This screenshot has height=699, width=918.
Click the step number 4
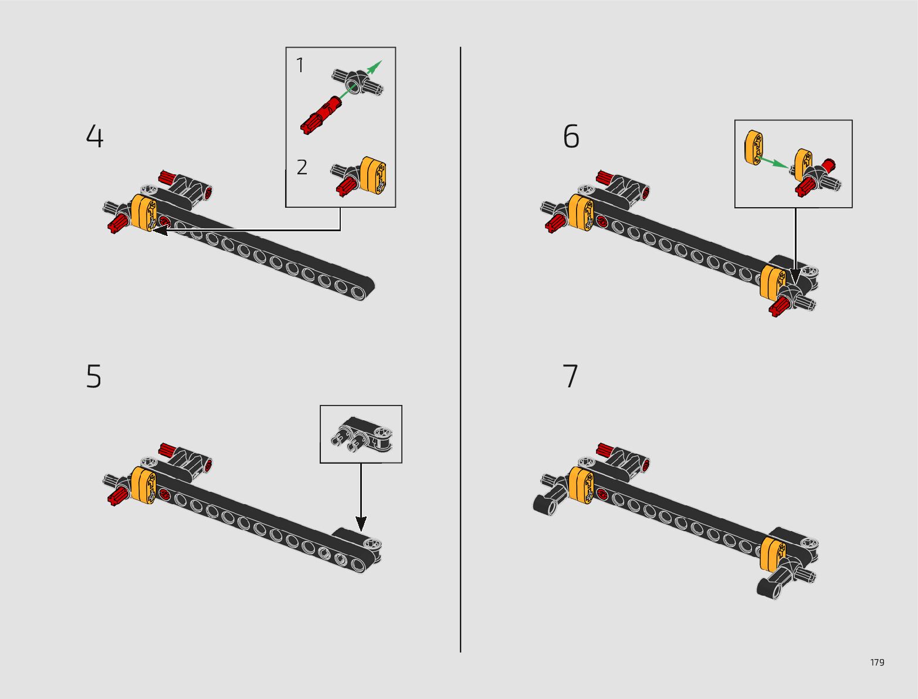[x=94, y=136]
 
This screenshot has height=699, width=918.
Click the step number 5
[x=94, y=376]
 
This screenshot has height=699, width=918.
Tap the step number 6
[x=571, y=136]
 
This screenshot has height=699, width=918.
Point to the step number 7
[x=570, y=376]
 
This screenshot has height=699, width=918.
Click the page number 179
[x=877, y=662]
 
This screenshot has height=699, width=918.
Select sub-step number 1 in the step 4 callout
[x=300, y=65]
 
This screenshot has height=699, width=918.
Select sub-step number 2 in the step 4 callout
[x=302, y=167]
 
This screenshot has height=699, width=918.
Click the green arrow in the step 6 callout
[x=774, y=163]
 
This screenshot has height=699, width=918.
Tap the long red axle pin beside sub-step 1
[x=321, y=114]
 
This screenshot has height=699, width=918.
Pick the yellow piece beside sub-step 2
[x=373, y=175]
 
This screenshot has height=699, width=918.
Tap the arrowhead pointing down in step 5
[x=361, y=524]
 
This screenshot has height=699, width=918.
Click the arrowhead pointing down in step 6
[x=795, y=276]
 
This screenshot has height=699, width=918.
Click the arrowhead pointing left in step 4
[x=160, y=230]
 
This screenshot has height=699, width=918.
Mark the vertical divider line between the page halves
[x=460, y=349]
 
